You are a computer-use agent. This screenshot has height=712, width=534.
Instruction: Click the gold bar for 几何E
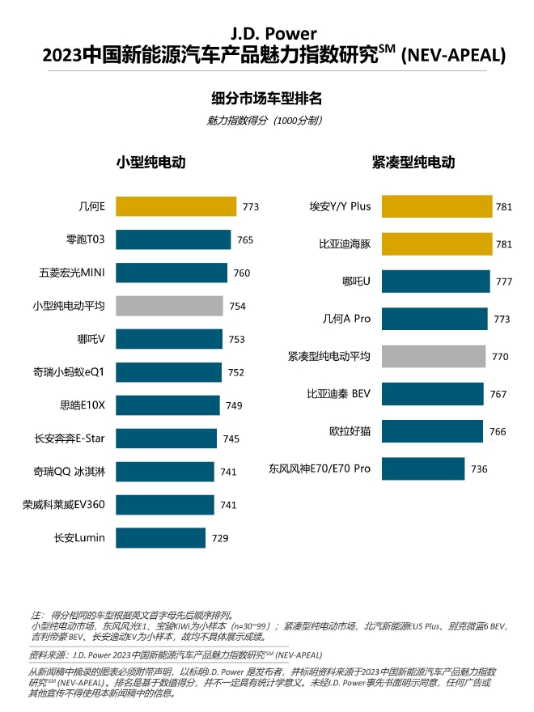pyautogui.click(x=176, y=206)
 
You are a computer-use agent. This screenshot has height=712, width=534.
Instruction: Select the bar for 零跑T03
pyautogui.click(x=173, y=239)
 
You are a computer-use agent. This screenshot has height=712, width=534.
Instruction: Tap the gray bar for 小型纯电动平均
pyautogui.click(x=169, y=306)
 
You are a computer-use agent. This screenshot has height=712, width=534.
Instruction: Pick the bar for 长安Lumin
pyautogui.click(x=160, y=537)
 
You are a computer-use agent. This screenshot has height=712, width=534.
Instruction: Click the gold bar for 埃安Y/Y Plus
pyautogui.click(x=437, y=206)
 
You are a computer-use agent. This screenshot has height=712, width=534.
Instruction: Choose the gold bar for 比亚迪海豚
pyautogui.click(x=437, y=244)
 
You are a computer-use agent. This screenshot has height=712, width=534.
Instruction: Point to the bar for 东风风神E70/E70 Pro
pyautogui.click(x=423, y=468)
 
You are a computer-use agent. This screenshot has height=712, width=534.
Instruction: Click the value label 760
pyautogui.click(x=242, y=273)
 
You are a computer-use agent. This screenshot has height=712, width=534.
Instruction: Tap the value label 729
pyautogui.click(x=220, y=538)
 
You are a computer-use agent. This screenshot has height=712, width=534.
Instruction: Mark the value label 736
pyautogui.click(x=479, y=468)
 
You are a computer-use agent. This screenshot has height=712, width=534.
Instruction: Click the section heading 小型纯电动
pyautogui.click(x=151, y=162)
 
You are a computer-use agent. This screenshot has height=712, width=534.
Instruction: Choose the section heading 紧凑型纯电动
pyautogui.click(x=413, y=162)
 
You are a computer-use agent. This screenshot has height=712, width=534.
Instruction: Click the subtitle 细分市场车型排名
pyautogui.click(x=267, y=99)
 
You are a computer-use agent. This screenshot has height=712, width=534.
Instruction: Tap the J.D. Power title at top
pyautogui.click(x=267, y=35)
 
